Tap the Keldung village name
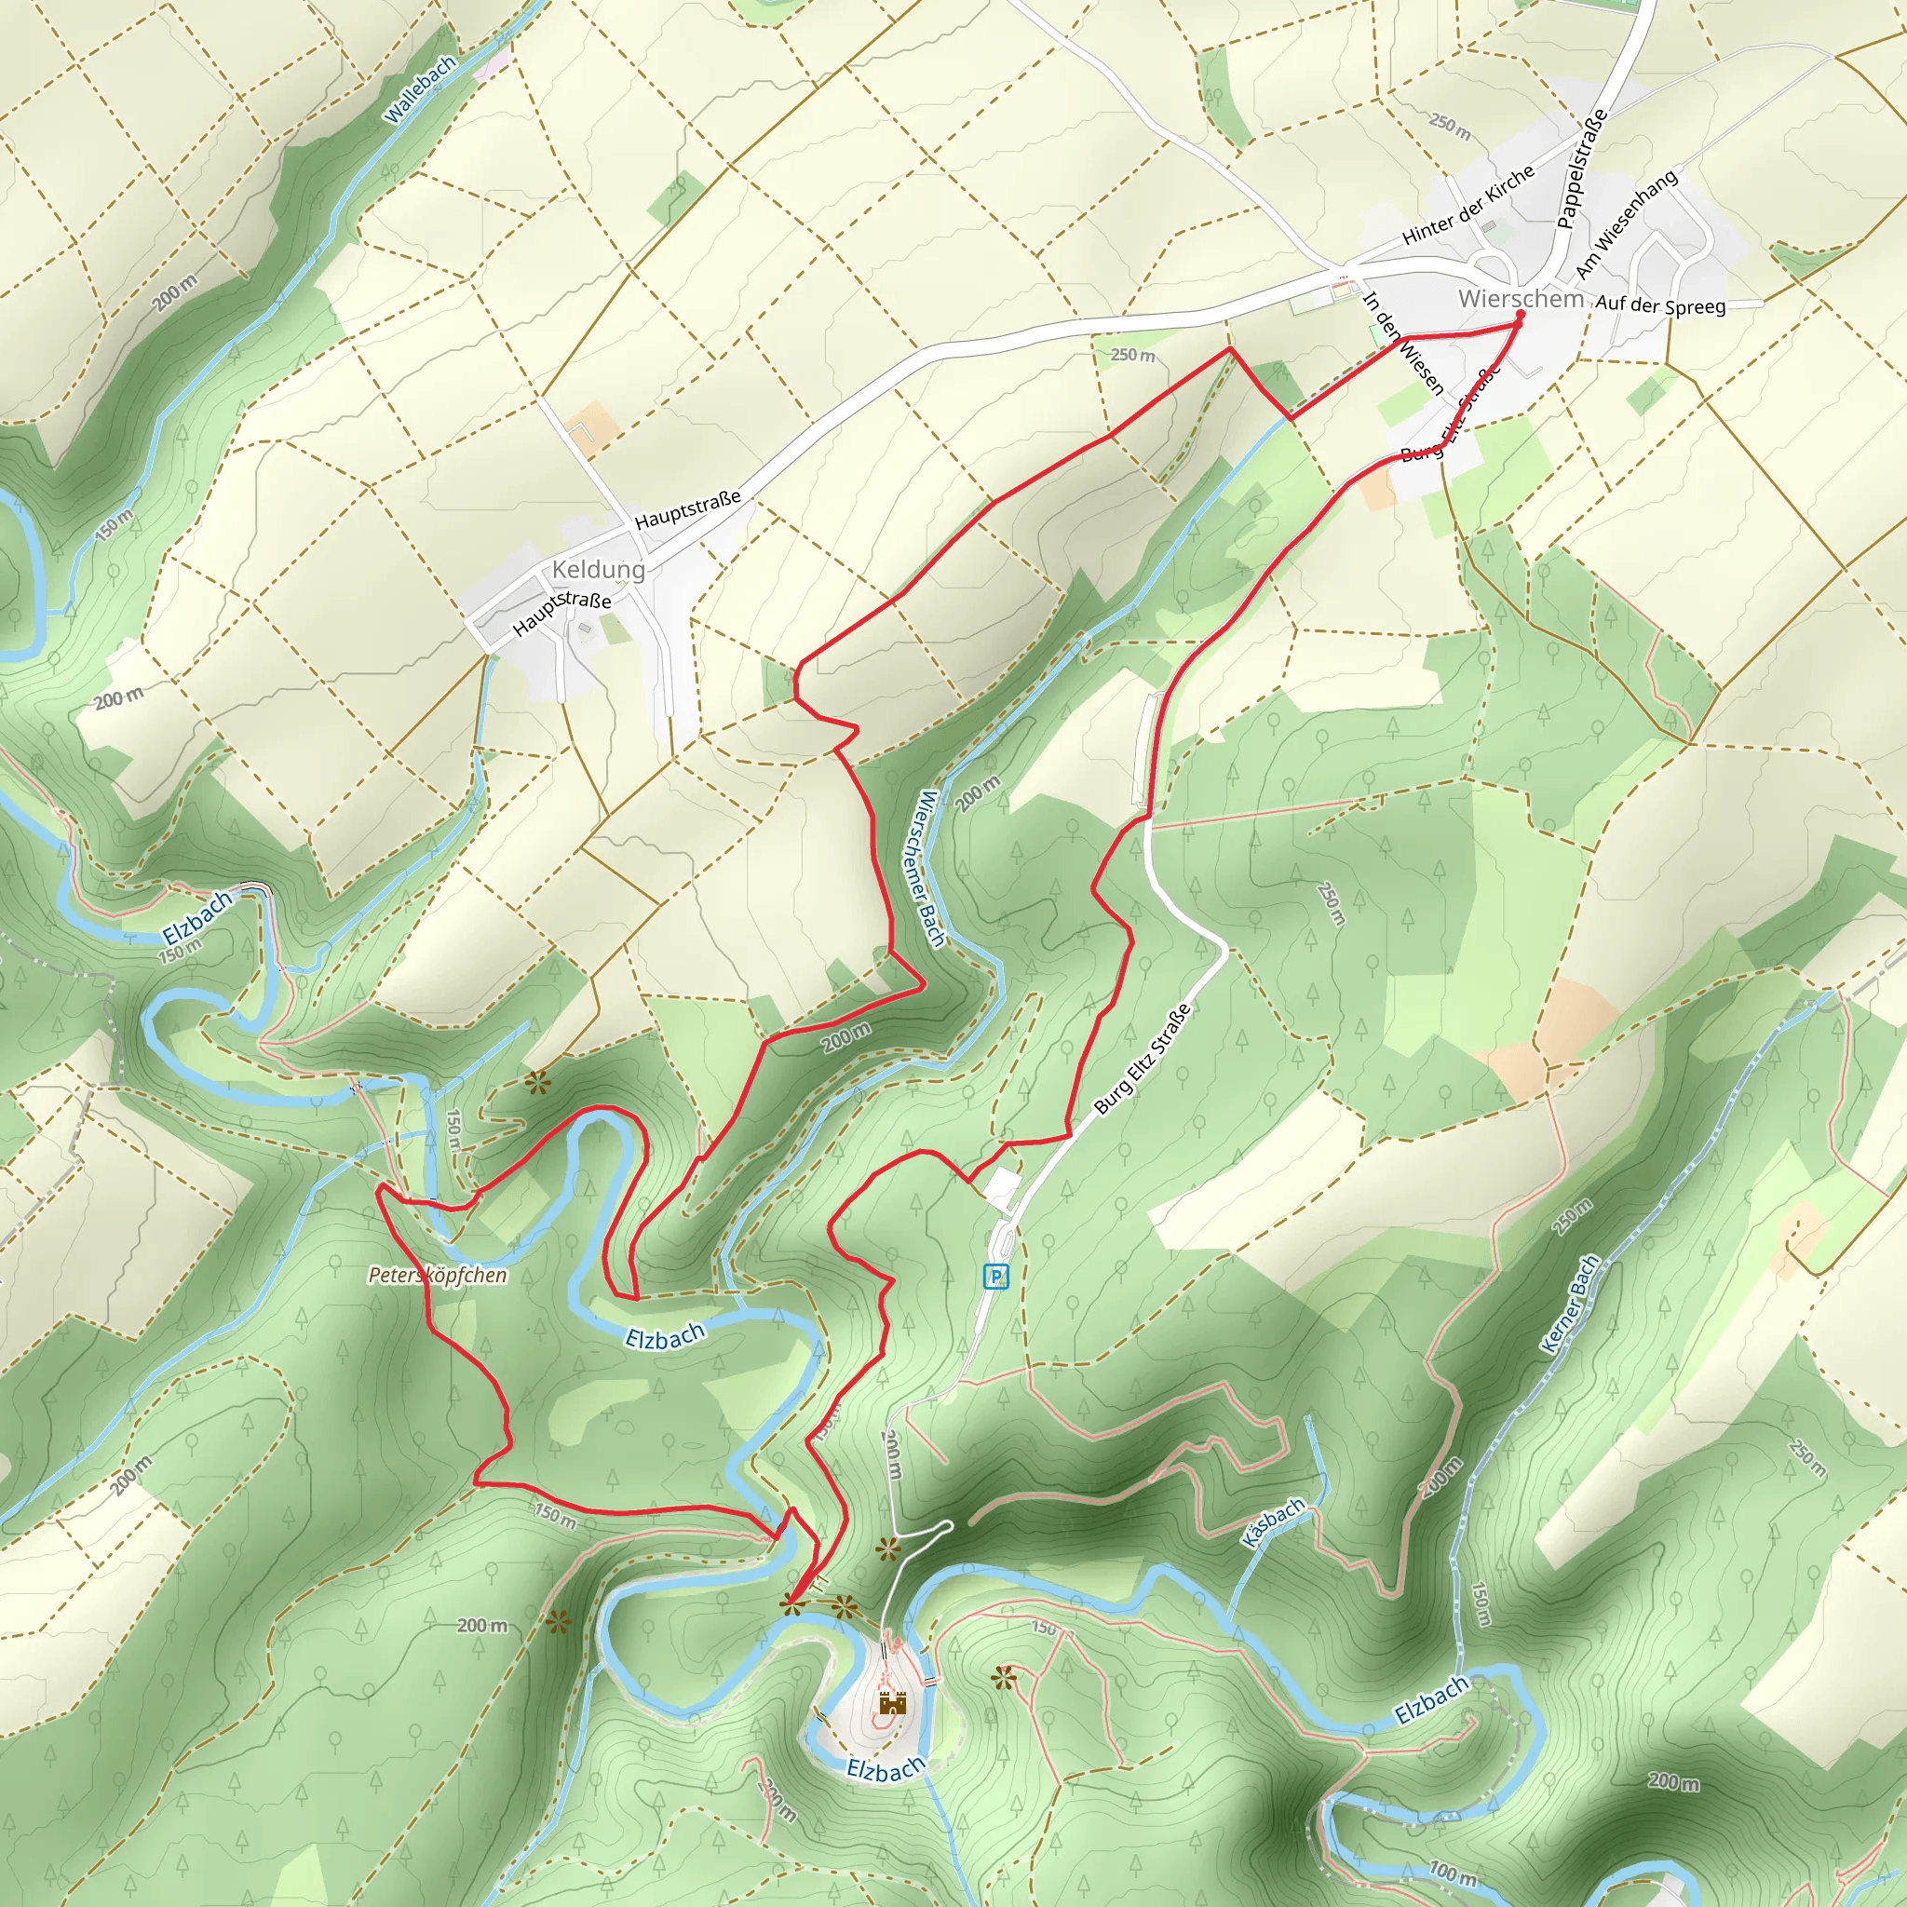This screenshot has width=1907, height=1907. (x=598, y=570)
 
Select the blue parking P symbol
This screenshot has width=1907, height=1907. (x=996, y=1278)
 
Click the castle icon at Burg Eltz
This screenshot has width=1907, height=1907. (x=891, y=1703)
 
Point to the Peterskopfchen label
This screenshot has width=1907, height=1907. (x=438, y=1276)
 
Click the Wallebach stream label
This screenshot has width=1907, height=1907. (x=421, y=89)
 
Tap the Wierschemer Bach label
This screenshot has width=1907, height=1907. (x=931, y=869)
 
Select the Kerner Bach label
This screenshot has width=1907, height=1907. (x=1569, y=1303)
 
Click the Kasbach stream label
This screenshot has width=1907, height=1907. (x=1273, y=1523)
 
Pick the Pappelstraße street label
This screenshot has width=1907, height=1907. (x=1581, y=168)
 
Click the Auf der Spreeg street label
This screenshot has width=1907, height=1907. (x=1660, y=305)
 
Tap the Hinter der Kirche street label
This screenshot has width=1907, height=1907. (x=1467, y=204)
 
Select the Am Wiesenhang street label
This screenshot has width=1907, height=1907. (x=1626, y=224)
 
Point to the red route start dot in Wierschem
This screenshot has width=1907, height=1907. (x=1520, y=315)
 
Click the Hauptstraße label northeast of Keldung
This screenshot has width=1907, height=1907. (x=687, y=509)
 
